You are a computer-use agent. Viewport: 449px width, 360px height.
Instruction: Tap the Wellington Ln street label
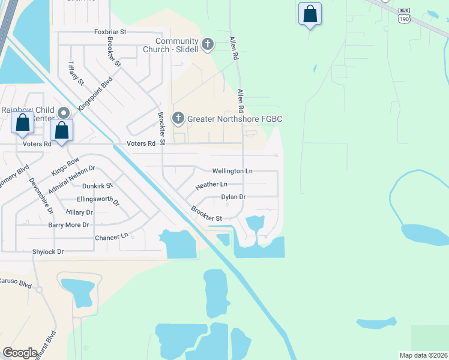pos(232,171)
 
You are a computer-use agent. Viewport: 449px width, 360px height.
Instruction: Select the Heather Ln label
pos(211,184)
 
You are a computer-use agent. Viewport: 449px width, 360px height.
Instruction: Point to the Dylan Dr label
pos(234,197)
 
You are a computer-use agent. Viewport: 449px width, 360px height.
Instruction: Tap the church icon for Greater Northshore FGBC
pos(178,118)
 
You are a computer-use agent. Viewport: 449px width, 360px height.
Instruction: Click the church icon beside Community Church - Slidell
pos(208,44)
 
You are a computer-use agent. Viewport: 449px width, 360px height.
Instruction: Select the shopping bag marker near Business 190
pos(310,14)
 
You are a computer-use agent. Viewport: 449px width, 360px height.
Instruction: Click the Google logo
pos(20,353)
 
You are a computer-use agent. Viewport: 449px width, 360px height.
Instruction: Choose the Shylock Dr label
pos(48,252)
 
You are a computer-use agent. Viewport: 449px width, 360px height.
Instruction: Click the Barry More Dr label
pos(68,225)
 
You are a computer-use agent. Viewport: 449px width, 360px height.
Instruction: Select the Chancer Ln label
pos(112,238)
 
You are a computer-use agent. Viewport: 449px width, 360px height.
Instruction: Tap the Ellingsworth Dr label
pos(98,200)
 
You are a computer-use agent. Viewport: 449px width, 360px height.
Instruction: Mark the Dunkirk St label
pos(97,186)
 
